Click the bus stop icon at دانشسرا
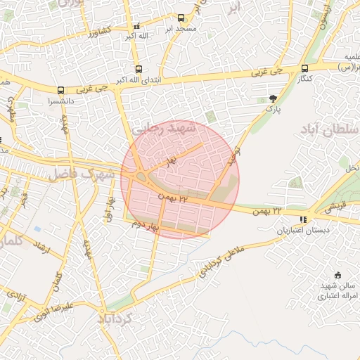61,90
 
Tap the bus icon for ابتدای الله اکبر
138,69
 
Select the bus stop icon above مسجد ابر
181,18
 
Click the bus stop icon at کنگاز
304,68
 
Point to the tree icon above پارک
273,98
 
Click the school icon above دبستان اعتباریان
303,219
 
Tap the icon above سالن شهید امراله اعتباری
337,274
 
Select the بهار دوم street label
148,226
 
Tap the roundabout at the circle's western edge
141,176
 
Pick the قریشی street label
333,207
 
